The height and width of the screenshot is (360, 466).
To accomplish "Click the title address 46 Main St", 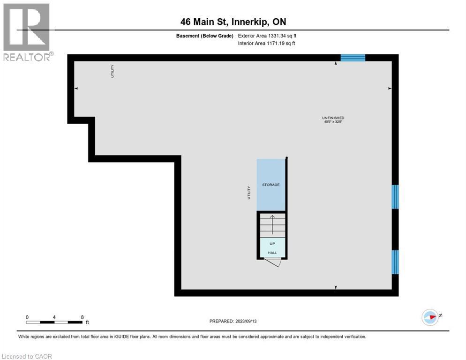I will [209, 22].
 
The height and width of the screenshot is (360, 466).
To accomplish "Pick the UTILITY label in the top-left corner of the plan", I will [113, 71].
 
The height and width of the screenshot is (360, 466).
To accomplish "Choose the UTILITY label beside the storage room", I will [249, 193].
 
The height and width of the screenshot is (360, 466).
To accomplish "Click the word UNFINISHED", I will [333, 118].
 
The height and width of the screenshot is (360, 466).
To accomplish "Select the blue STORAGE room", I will [271, 185].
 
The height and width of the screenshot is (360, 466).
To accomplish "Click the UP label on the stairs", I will [272, 244].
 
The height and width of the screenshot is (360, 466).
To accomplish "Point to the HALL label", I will [272, 253].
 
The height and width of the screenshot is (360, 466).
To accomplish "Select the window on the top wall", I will [353, 58].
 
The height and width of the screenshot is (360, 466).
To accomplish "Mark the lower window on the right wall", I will [395, 262].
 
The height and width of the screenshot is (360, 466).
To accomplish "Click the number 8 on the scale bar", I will [82, 317].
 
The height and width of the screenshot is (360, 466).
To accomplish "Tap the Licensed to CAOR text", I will [27, 356].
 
